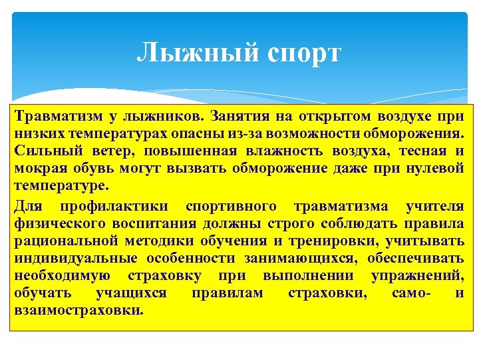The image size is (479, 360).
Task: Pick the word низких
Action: click(x=37, y=134)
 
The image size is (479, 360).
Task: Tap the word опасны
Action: click(x=199, y=134)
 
